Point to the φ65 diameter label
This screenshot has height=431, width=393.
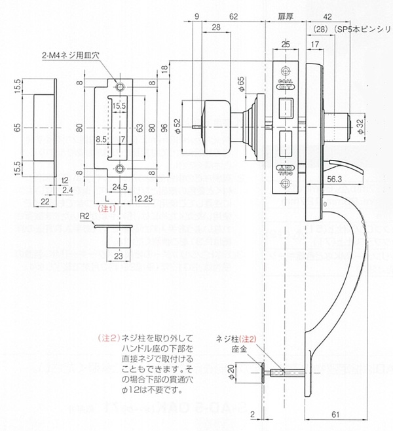[x=240, y=84]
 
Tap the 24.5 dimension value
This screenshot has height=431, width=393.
[x=119, y=187]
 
